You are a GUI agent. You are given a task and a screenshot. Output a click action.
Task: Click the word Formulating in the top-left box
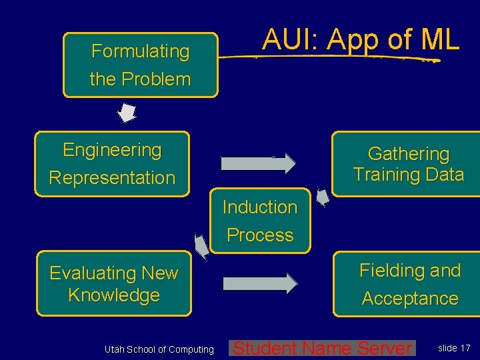pyautogui.click(x=140, y=51)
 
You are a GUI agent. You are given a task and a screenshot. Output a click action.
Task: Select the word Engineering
pyautogui.click(x=112, y=150)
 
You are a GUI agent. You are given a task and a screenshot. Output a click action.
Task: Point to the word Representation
pyautogui.click(x=112, y=178)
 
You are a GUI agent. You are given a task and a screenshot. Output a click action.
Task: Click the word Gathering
pyautogui.click(x=408, y=154)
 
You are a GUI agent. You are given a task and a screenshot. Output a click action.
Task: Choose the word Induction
pyautogui.click(x=259, y=207)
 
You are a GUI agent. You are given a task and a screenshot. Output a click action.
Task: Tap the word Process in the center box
pyautogui.click(x=259, y=235)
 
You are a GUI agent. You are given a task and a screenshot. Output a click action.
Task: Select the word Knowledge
pyautogui.click(x=114, y=295)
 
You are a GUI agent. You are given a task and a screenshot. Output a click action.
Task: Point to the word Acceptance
pyautogui.click(x=409, y=299)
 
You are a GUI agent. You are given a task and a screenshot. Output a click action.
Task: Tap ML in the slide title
pyautogui.click(x=440, y=40)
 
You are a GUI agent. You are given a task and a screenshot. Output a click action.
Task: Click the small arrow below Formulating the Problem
pyautogui.click(x=127, y=113)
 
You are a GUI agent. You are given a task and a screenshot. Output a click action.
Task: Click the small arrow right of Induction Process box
pyautogui.click(x=323, y=198)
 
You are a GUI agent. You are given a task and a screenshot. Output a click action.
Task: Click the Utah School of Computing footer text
pyautogui.click(x=159, y=349)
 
